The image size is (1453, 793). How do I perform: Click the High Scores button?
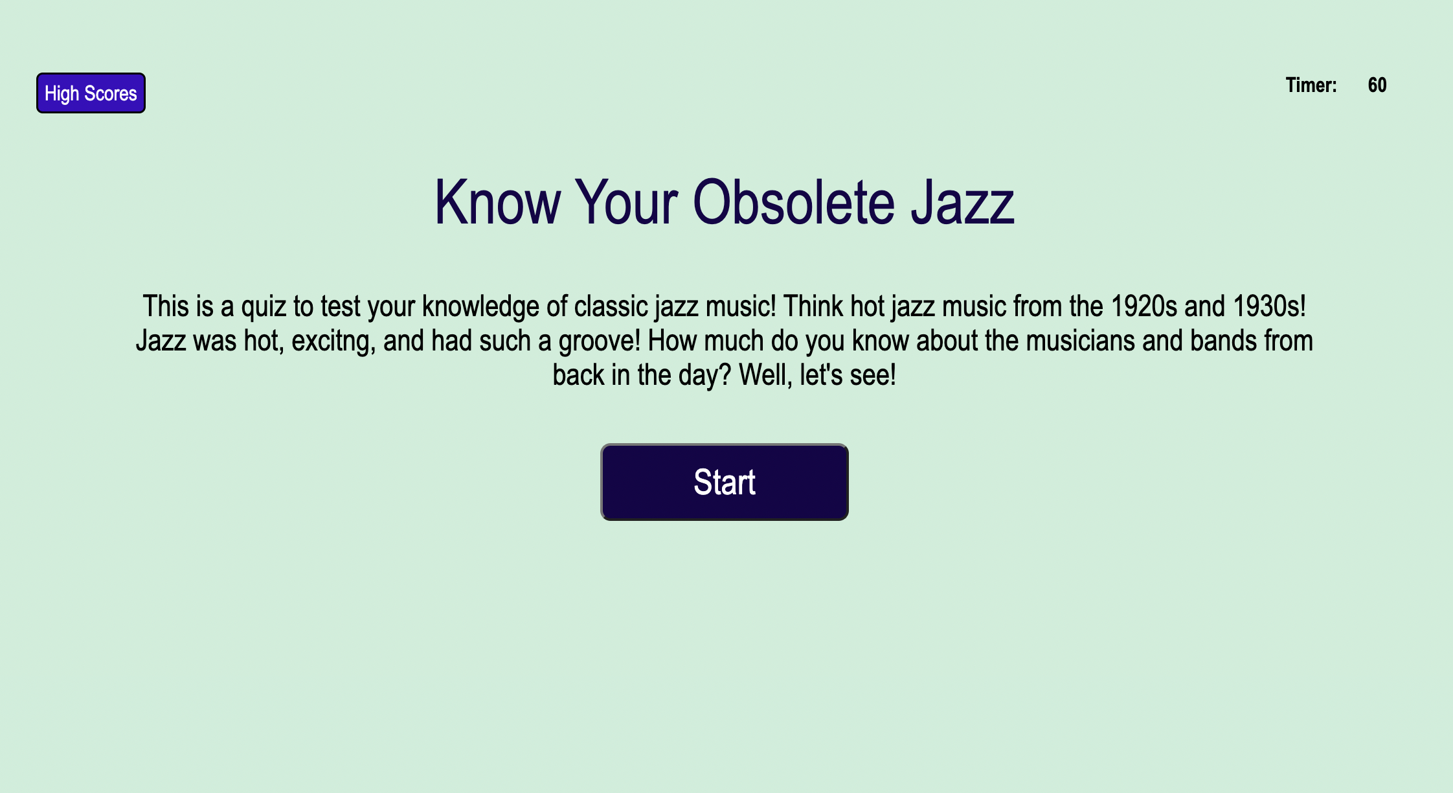(91, 93)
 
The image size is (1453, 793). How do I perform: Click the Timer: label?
(1311, 86)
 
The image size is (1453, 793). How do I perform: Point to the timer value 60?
(1377, 86)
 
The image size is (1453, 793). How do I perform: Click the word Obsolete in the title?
(793, 203)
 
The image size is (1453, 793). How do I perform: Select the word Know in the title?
(497, 203)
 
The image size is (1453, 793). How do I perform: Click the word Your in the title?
(626, 203)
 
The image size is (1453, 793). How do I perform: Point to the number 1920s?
(1143, 306)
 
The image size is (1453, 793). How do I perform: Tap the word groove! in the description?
(599, 341)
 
